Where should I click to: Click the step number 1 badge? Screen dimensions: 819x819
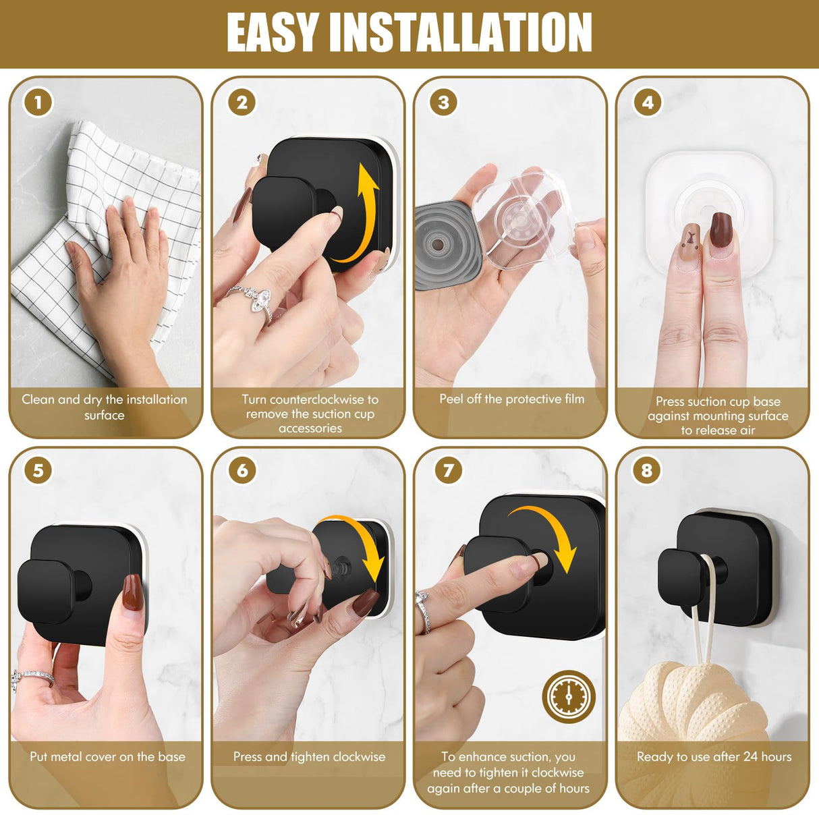click(38, 103)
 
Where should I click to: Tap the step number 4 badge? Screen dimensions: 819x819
click(647, 103)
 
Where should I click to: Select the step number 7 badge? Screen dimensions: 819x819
click(448, 470)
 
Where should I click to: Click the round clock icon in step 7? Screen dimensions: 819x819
click(568, 696)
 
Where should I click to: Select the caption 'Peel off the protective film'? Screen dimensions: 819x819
click(511, 399)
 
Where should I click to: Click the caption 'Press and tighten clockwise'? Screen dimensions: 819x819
click(309, 757)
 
